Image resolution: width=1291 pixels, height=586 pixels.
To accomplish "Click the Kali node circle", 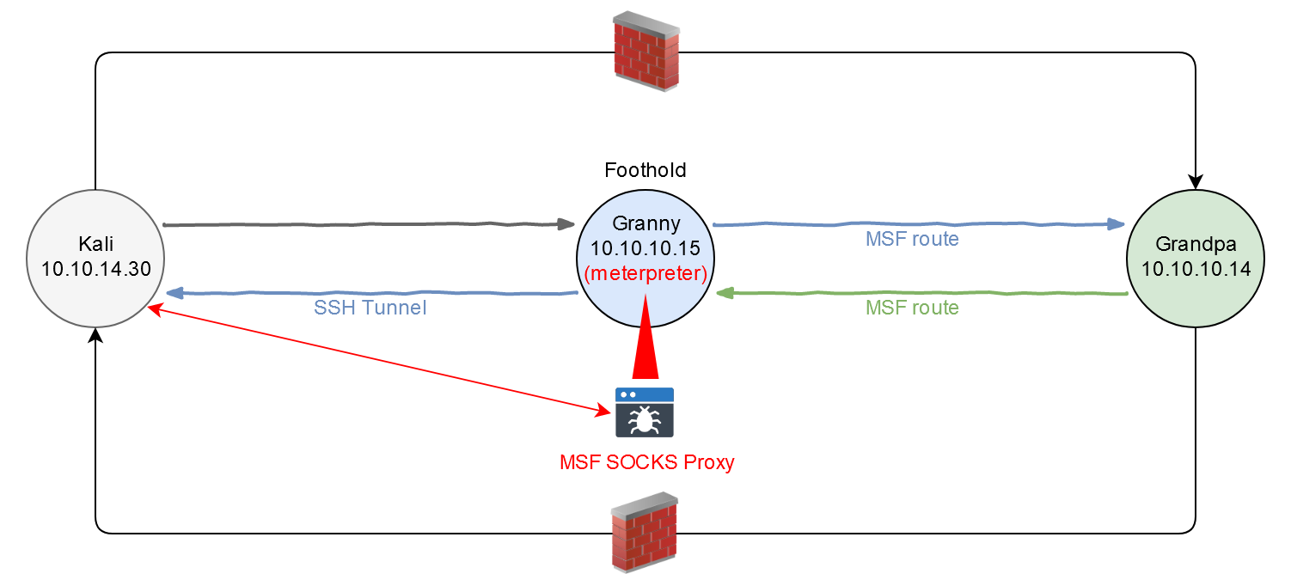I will (95, 258).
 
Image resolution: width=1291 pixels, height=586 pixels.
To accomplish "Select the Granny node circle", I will (645, 258).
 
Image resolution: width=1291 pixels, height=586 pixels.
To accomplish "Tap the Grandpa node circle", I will (1195, 258).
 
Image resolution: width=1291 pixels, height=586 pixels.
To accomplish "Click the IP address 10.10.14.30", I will (96, 269).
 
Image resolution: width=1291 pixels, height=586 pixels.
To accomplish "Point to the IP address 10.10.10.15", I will (645, 249).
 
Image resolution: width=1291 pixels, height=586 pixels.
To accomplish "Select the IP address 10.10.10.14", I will (1195, 269).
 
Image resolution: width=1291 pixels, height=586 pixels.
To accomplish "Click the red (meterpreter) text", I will (645, 274).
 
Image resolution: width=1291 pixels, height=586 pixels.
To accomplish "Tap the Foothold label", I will (645, 170).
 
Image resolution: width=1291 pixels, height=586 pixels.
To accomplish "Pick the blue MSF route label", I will (912, 239).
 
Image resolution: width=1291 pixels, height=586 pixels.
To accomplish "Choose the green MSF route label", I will (912, 308).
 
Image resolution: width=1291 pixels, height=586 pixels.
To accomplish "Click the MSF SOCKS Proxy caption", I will (647, 462).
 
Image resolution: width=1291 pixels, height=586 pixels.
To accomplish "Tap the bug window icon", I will (645, 412).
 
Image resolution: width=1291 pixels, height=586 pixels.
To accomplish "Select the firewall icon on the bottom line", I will (644, 533).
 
